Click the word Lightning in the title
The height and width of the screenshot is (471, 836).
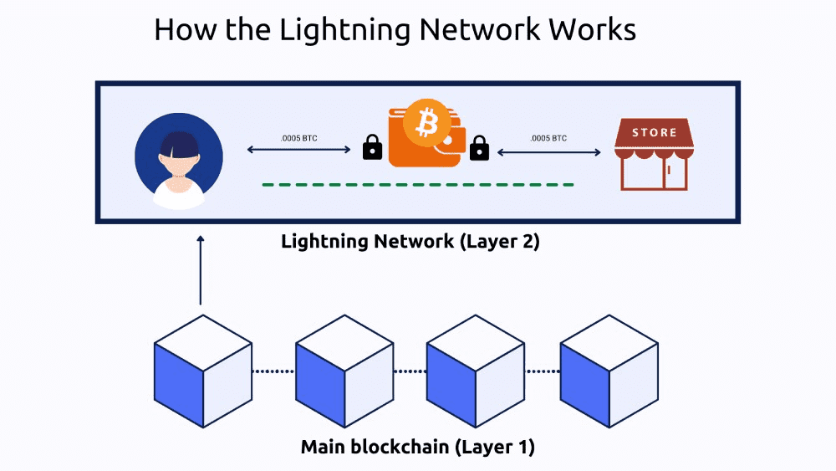click(x=345, y=30)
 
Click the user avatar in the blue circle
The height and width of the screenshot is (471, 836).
click(x=179, y=159)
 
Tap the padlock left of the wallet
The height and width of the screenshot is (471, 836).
click(x=372, y=149)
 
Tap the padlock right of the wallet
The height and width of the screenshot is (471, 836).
click(x=479, y=149)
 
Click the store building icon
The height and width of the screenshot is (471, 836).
click(x=651, y=154)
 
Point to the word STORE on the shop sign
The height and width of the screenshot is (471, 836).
click(x=655, y=132)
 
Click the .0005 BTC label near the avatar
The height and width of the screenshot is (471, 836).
click(x=298, y=137)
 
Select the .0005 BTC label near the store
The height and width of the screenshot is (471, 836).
click(x=548, y=137)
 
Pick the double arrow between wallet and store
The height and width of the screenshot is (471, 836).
click(x=549, y=152)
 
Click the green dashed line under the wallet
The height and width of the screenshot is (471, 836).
click(x=418, y=184)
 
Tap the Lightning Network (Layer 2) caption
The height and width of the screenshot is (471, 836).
click(x=410, y=243)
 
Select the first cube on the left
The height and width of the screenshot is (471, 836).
click(x=203, y=371)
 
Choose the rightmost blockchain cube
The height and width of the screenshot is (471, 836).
click(x=609, y=371)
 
